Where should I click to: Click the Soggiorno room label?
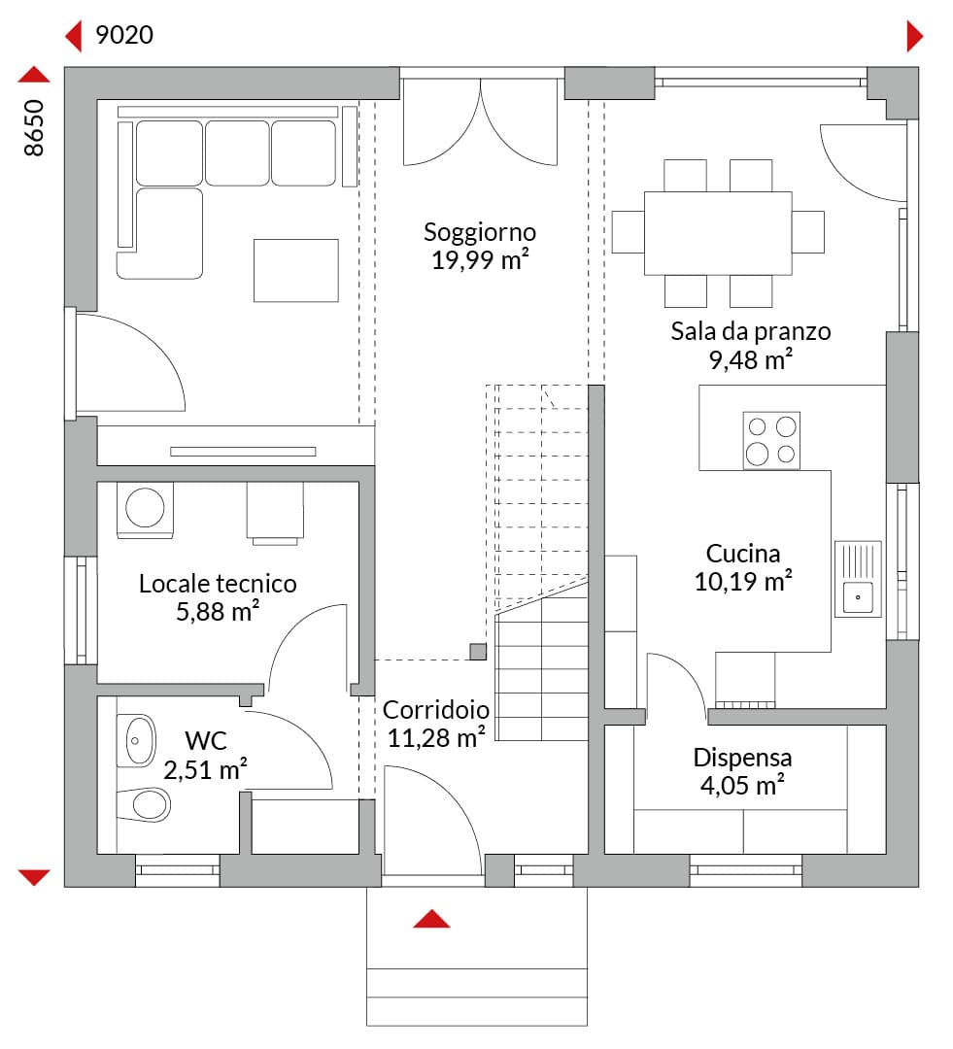coord(480,233)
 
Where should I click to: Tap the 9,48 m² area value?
coord(751,359)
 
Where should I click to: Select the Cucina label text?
coord(743,554)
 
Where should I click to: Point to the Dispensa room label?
coord(742,758)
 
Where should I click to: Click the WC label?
coord(205,740)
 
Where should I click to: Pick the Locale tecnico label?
coord(218,584)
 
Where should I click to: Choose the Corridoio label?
coord(435,710)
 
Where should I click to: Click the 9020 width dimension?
coord(124,35)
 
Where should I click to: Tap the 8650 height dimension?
coord(33,128)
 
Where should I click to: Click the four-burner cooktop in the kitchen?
coord(771,440)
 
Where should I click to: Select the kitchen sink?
coord(858,579)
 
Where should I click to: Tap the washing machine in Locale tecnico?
coord(145,510)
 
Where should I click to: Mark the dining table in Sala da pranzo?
coord(718,233)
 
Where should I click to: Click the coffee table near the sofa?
coord(295,270)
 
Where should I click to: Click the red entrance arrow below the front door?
coord(431,919)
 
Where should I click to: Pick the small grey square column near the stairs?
coord(478,651)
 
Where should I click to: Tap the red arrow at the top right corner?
coord(915,36)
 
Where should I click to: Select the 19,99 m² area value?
coord(480,259)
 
